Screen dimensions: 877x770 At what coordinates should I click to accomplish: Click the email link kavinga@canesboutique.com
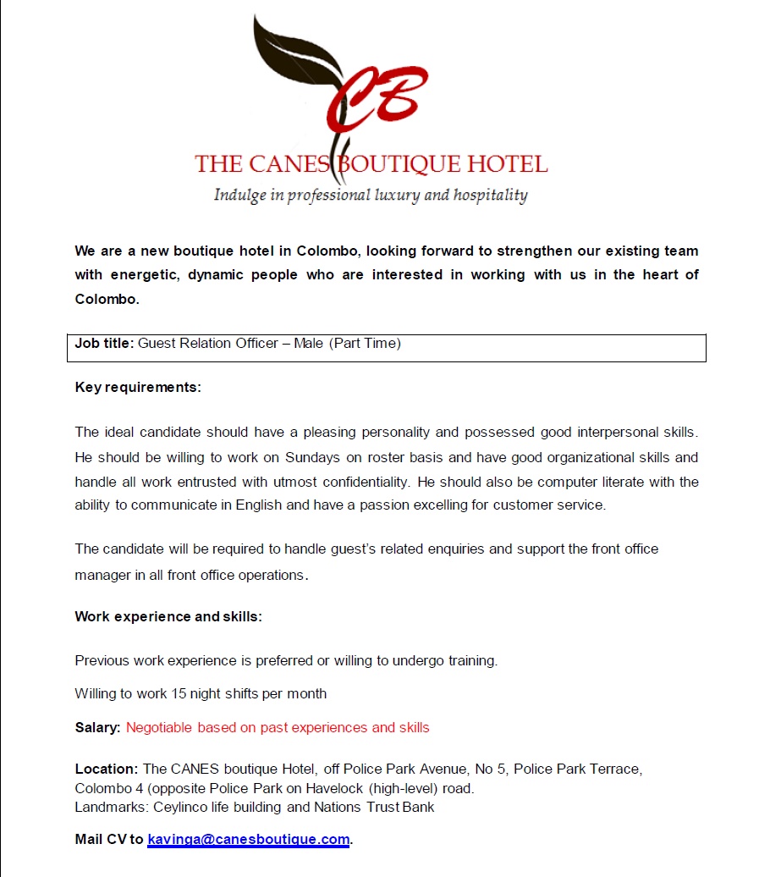(248, 840)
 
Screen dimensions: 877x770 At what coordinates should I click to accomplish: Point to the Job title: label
(104, 344)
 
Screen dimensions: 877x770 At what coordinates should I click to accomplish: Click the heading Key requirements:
(138, 388)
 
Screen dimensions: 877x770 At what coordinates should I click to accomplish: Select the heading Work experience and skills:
(168, 616)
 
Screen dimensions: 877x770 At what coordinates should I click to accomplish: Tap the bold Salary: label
(97, 727)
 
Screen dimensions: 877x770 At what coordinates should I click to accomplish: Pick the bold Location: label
(106, 769)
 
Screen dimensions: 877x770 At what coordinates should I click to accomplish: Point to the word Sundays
(314, 458)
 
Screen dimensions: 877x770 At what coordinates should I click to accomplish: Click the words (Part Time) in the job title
(365, 344)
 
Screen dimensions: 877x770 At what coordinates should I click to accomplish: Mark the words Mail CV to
(109, 840)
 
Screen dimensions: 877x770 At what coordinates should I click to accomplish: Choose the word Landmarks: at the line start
(112, 807)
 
